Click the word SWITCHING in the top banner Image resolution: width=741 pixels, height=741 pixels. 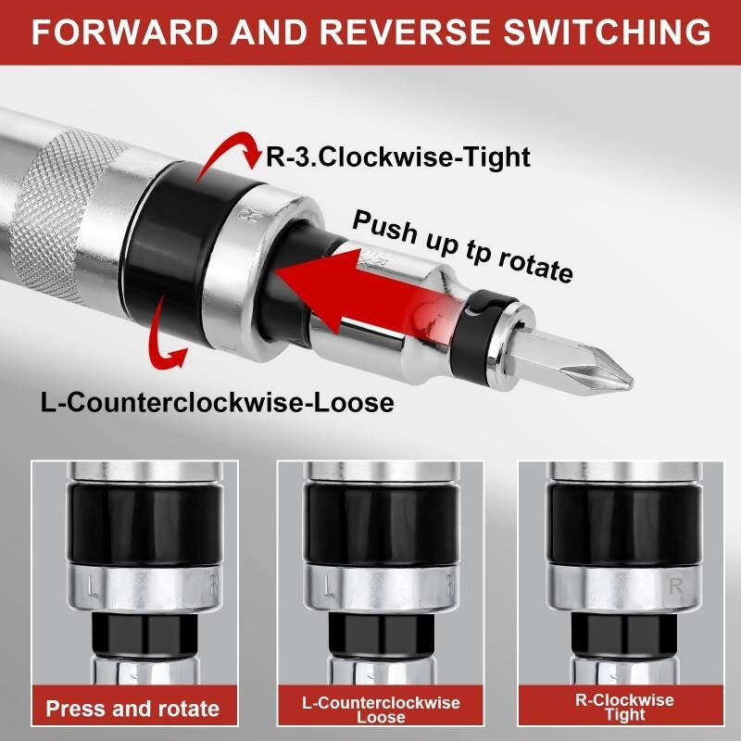[607, 31]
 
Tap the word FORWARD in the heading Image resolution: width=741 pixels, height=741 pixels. [125, 31]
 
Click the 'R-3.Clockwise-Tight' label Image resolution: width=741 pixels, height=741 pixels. [398, 157]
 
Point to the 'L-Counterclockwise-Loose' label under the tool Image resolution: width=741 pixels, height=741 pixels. [218, 403]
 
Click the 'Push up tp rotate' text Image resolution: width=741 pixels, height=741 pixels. [462, 246]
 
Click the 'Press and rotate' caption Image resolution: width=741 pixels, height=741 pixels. [132, 709]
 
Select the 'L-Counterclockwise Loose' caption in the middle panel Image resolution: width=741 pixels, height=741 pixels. [381, 710]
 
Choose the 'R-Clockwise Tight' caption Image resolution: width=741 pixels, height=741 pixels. [624, 707]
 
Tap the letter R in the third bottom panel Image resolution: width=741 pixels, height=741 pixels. [676, 586]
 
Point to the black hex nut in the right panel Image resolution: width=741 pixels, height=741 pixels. [624, 634]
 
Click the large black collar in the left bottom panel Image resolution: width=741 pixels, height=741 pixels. [144, 522]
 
